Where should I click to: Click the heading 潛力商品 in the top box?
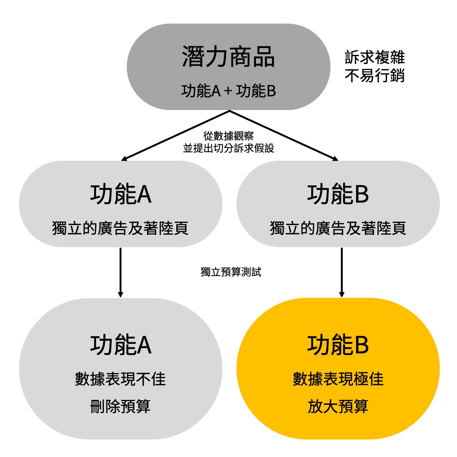pyautogui.click(x=228, y=57)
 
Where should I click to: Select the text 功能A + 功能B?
pyautogui.click(x=228, y=91)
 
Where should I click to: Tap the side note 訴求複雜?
pyautogui.click(x=374, y=58)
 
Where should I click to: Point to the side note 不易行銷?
pyautogui.click(x=374, y=76)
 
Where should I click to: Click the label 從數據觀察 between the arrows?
pyautogui.click(x=228, y=136)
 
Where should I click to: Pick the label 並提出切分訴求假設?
pyautogui.click(x=228, y=148)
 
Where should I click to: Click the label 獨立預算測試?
pyautogui.click(x=231, y=272)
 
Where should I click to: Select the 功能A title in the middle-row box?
pyautogui.click(x=120, y=194)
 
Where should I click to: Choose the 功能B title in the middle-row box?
pyautogui.click(x=338, y=194)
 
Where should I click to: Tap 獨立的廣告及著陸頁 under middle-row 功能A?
pyautogui.click(x=120, y=228)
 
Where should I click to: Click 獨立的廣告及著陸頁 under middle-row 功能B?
pyautogui.click(x=338, y=228)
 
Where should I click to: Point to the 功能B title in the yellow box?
pyautogui.click(x=338, y=345)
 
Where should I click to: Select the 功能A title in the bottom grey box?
pyautogui.click(x=120, y=345)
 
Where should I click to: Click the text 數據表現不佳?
pyautogui.click(x=120, y=379)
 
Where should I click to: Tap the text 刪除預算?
pyautogui.click(x=120, y=406)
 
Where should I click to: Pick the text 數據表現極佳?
pyautogui.click(x=338, y=379)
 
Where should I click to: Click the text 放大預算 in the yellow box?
pyautogui.click(x=338, y=406)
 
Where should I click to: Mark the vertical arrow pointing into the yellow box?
pyautogui.click(x=342, y=272)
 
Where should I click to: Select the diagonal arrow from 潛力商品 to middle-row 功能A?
pyautogui.click(x=175, y=135)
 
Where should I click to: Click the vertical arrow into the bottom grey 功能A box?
pyautogui.click(x=120, y=272)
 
